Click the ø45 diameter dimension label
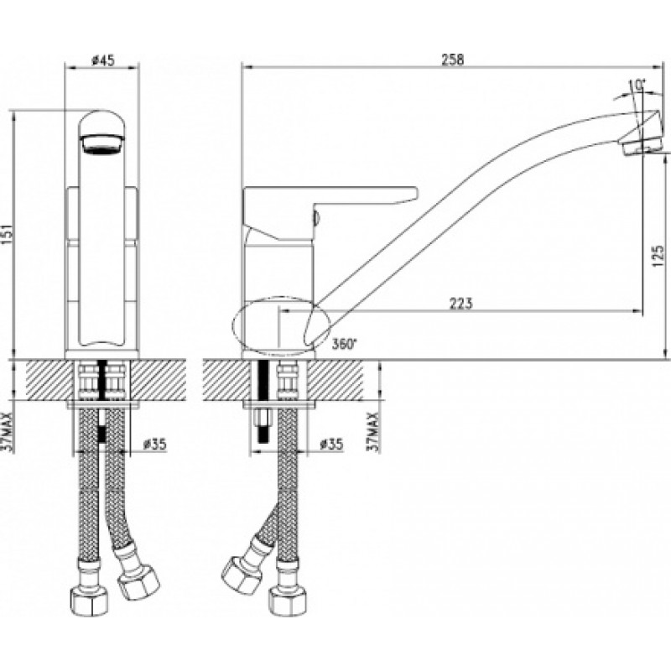[x=103, y=60]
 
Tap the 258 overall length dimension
[x=453, y=60]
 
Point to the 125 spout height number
[x=658, y=257]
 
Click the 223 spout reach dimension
[x=460, y=303]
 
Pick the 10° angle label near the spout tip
[x=637, y=86]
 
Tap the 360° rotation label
[x=344, y=344]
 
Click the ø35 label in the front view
[x=154, y=445]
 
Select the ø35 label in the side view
[x=331, y=445]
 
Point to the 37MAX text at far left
[x=9, y=431]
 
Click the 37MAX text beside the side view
[x=374, y=431]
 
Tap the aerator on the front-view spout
[x=101, y=143]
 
